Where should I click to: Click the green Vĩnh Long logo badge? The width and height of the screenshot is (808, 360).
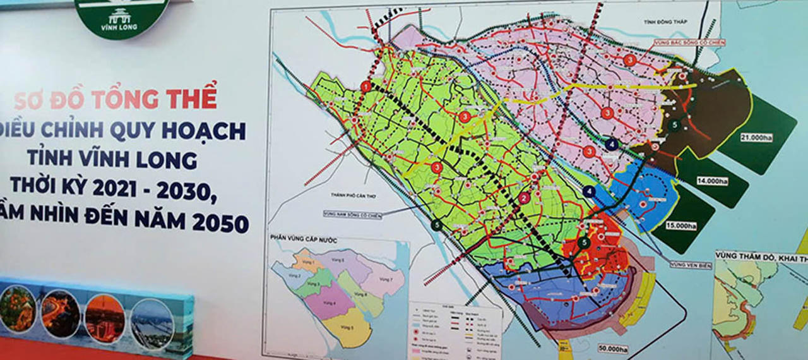pos(121,16)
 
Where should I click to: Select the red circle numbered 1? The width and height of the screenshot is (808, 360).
pos(366,87)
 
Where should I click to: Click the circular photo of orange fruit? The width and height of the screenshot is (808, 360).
pos(17,309)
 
